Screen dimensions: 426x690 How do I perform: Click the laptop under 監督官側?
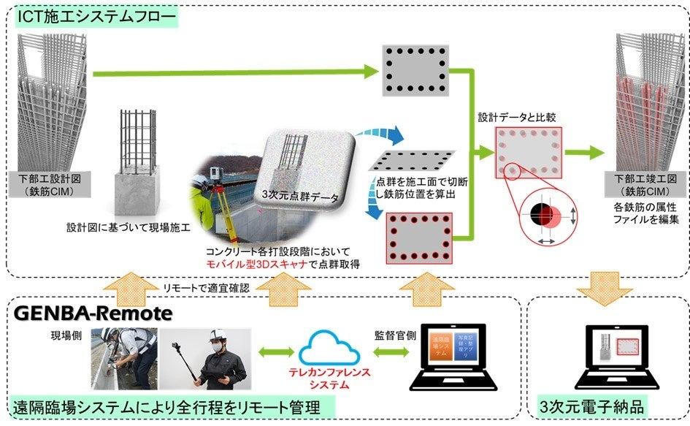[x=454, y=359]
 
